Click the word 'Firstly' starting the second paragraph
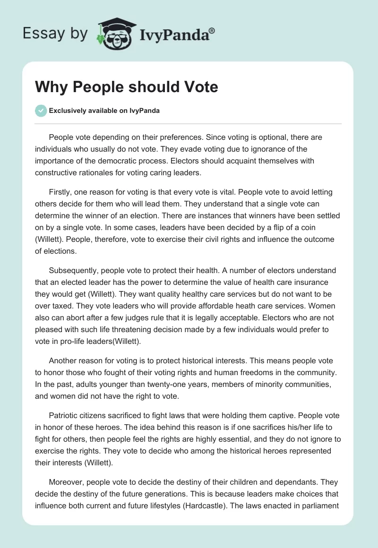point(61,192)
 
